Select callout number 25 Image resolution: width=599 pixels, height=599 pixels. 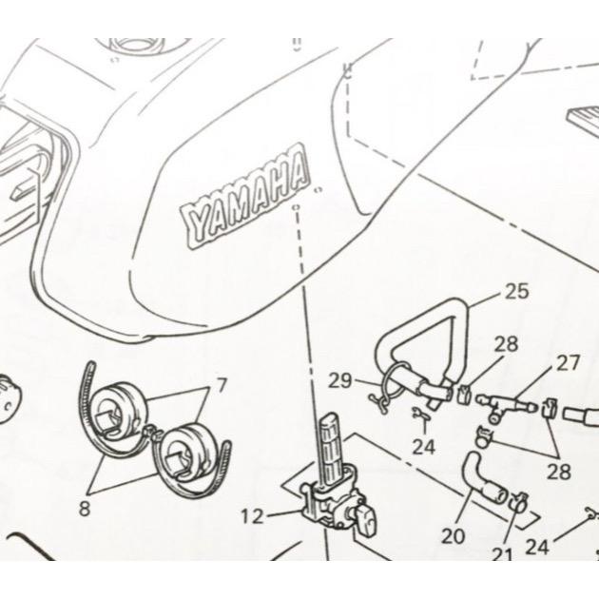(517, 292)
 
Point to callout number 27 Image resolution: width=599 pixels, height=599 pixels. (569, 362)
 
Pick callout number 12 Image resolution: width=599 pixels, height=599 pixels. (251, 517)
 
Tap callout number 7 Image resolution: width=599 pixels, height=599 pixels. (222, 386)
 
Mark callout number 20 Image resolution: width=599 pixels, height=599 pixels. (454, 535)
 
